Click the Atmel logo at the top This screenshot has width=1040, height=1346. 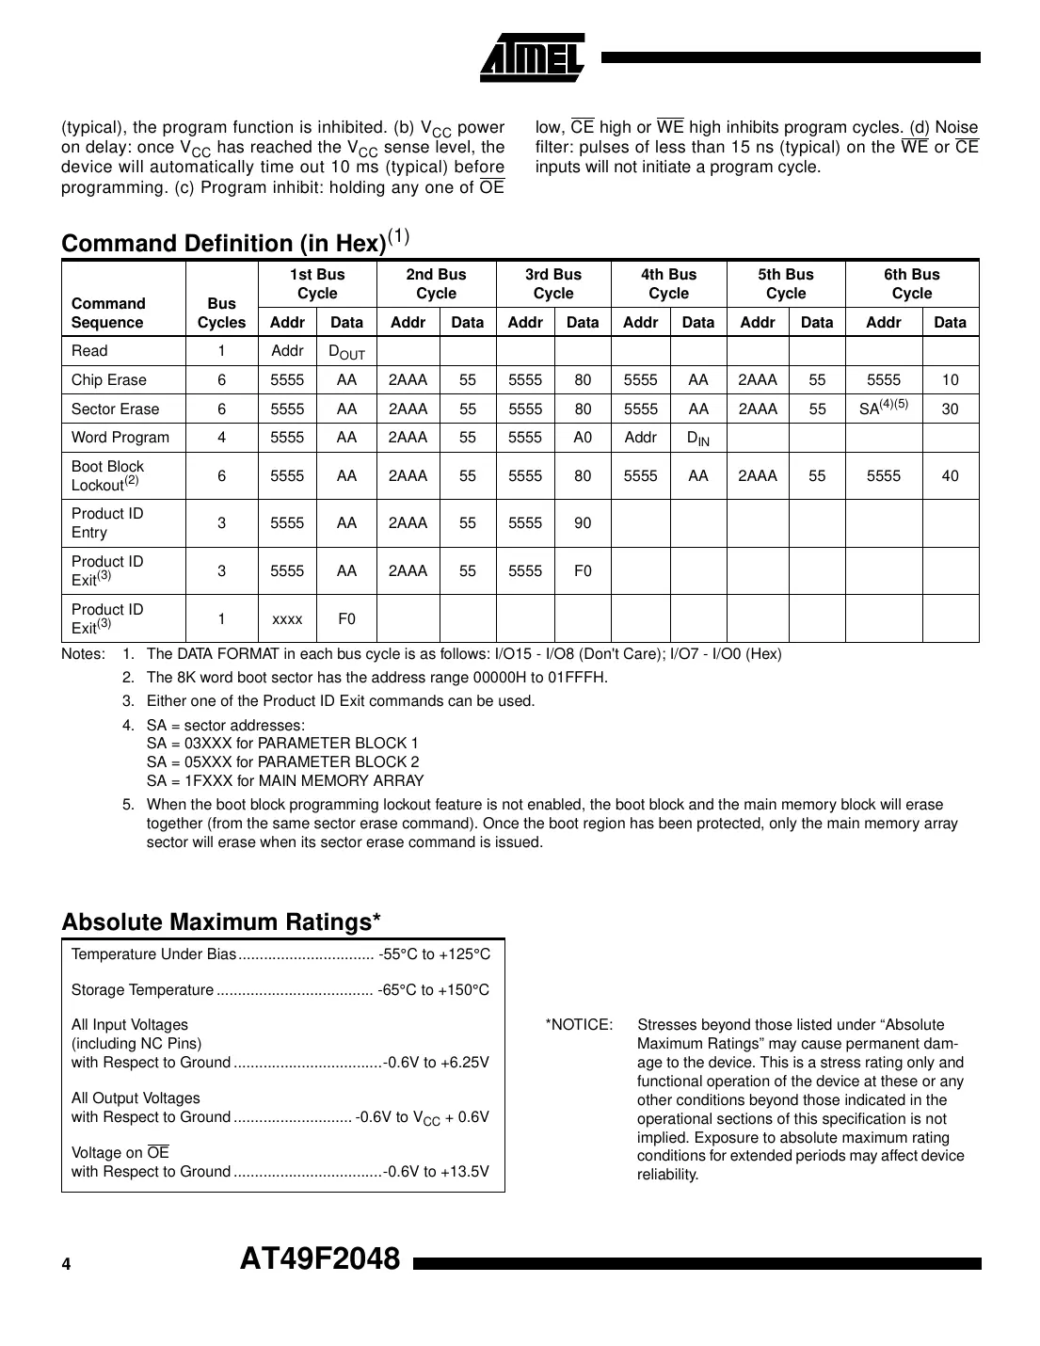pyautogui.click(x=532, y=58)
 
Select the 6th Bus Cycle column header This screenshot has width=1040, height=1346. pyautogui.click(x=911, y=283)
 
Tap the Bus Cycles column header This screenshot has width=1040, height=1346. pyautogui.click(x=221, y=312)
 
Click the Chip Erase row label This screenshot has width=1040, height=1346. pyautogui.click(x=108, y=379)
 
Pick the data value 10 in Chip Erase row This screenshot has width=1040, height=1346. pyautogui.click(x=950, y=379)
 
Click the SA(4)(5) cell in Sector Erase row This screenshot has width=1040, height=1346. pyautogui.click(x=883, y=408)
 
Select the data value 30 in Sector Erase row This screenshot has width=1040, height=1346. pyautogui.click(x=950, y=409)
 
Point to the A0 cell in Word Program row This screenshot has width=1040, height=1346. pyautogui.click(x=583, y=437)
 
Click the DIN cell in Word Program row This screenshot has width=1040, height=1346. pyautogui.click(x=697, y=438)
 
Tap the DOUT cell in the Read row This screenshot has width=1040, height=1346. pyautogui.click(x=345, y=352)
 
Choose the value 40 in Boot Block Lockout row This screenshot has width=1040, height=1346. pyautogui.click(x=950, y=475)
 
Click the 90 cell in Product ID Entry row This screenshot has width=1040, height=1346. pyautogui.click(x=583, y=522)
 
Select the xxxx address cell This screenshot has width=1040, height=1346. pyautogui.click(x=287, y=618)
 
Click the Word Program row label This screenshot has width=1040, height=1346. pyautogui.click(x=120, y=437)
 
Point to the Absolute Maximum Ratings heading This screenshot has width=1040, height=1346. pyautogui.click(x=221, y=921)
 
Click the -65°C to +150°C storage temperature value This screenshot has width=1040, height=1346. pyautogui.click(x=434, y=989)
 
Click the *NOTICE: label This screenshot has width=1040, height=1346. pyautogui.click(x=579, y=1024)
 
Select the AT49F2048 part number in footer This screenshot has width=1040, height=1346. pyautogui.click(x=320, y=1258)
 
